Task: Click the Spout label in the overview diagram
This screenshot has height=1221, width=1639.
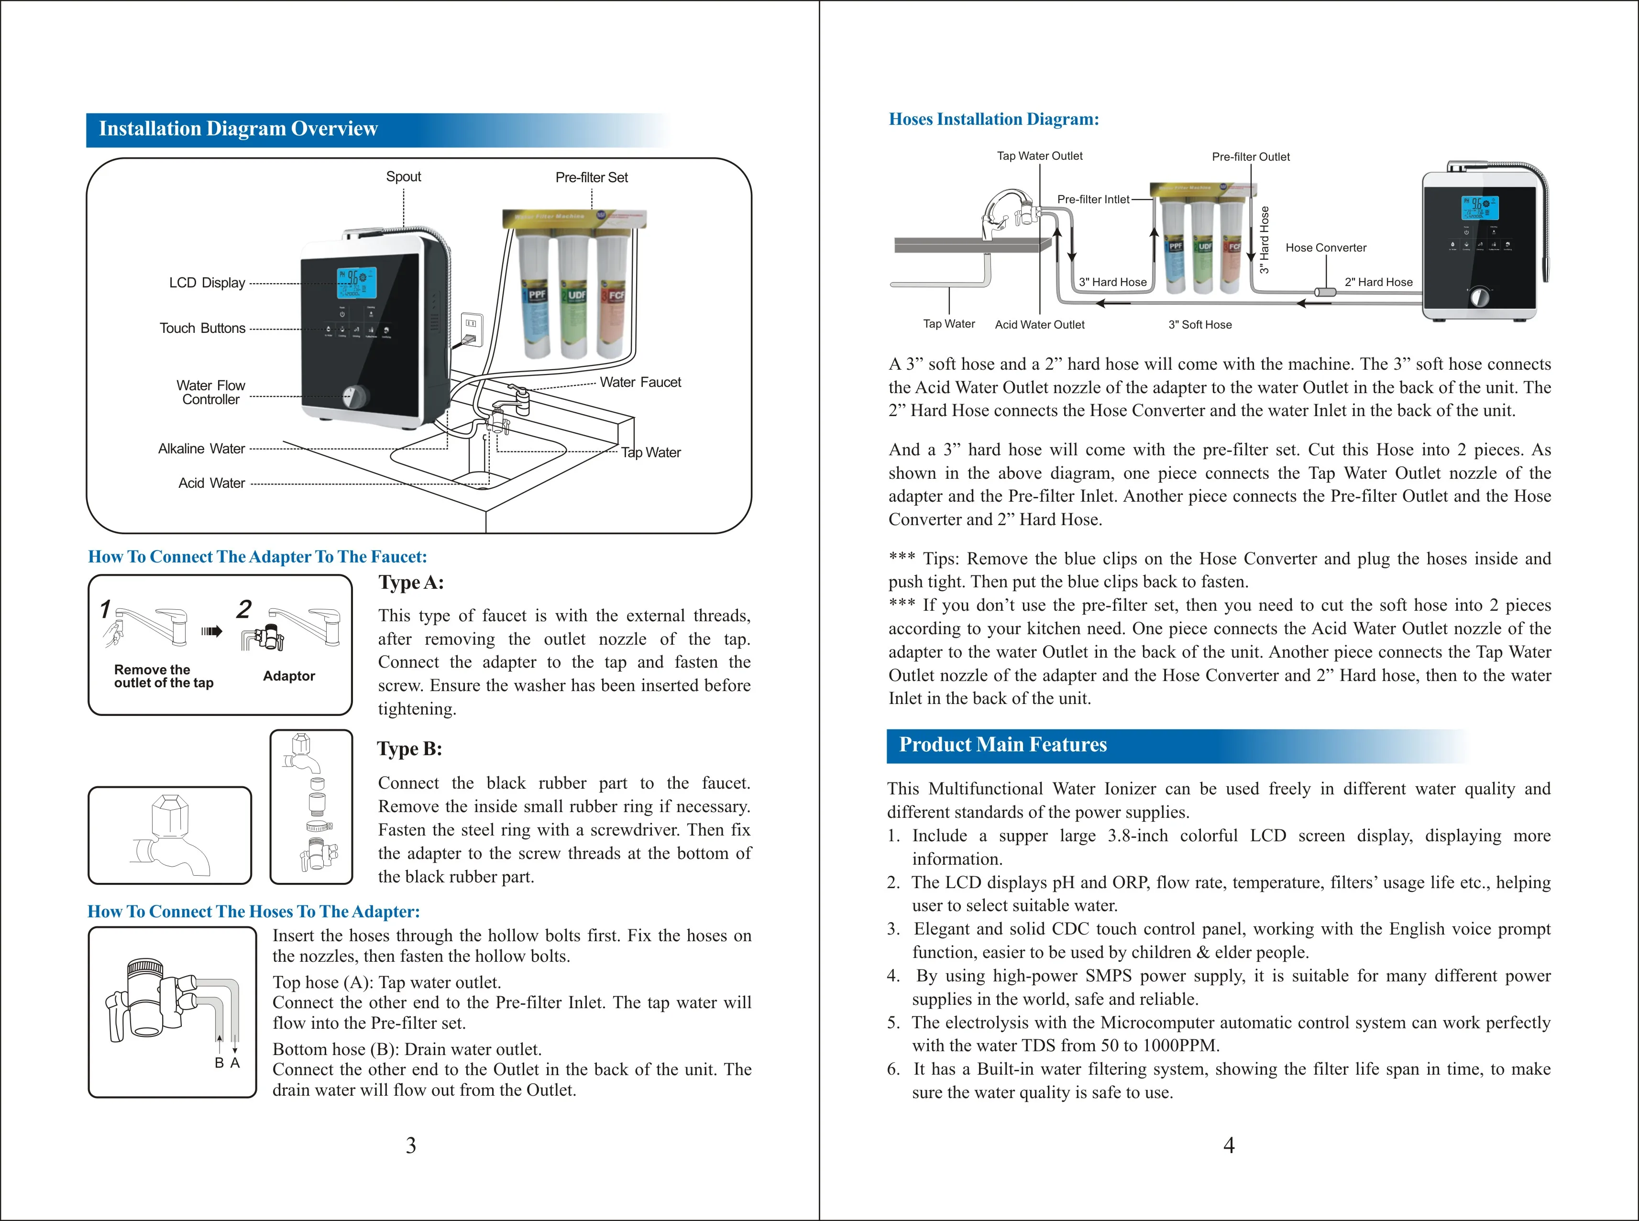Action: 404,176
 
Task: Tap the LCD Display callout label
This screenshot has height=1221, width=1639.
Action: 207,283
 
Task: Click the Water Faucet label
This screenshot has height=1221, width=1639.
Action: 640,382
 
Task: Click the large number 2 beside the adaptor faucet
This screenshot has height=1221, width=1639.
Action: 244,610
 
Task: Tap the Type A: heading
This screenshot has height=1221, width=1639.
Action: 411,583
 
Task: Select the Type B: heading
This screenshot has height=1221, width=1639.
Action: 409,748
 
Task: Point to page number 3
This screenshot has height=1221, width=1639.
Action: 411,1145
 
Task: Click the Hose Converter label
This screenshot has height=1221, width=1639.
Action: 1326,248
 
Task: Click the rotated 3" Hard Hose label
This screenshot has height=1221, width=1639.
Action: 1265,240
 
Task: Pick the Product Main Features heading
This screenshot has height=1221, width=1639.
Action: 1003,745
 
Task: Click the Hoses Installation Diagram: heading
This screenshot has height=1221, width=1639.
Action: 993,120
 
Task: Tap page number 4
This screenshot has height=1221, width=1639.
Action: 1229,1145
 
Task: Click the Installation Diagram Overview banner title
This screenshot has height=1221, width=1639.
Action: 238,129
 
